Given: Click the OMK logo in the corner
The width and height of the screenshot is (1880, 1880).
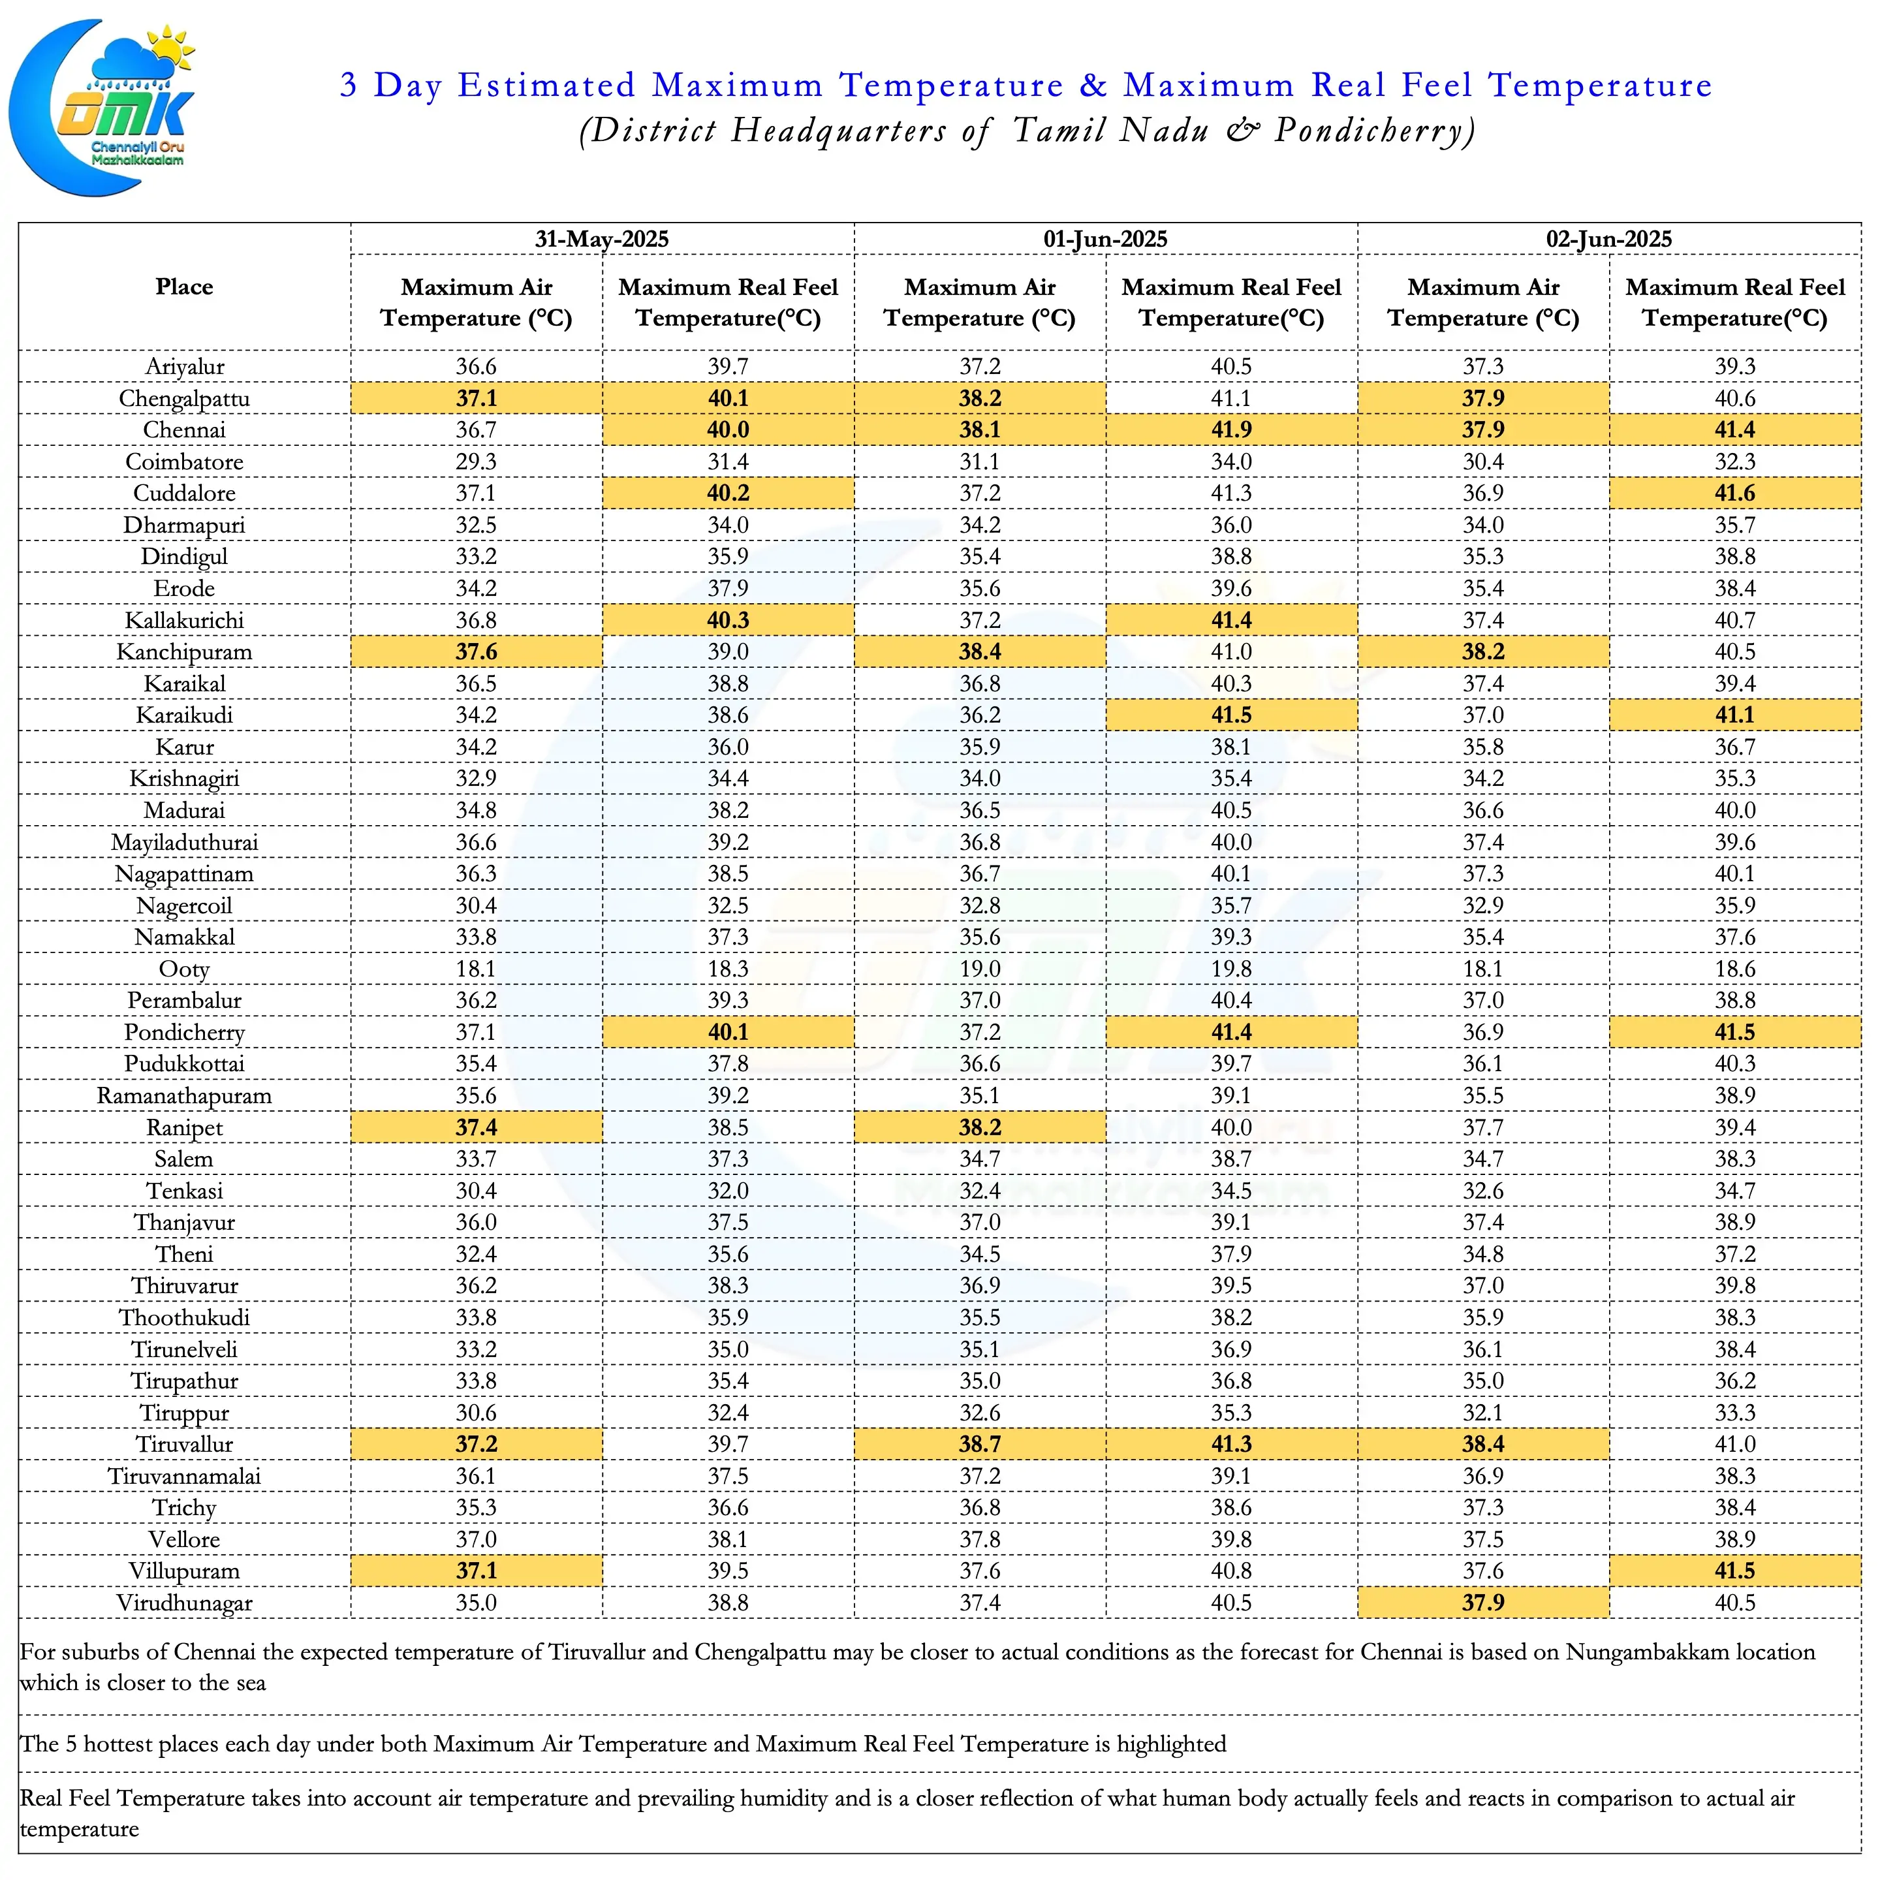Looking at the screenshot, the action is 102,107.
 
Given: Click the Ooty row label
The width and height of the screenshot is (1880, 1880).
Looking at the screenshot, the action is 184,969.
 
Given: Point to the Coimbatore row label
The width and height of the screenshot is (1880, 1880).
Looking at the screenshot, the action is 184,462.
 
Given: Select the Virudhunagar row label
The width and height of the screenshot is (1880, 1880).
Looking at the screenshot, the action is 184,1603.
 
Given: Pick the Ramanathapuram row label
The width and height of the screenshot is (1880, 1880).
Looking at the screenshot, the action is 184,1096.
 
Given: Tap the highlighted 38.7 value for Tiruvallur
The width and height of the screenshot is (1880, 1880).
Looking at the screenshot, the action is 980,1444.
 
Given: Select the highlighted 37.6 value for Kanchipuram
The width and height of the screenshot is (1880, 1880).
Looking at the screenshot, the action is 477,652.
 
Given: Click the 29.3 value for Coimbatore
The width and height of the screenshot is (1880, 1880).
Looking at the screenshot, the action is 477,462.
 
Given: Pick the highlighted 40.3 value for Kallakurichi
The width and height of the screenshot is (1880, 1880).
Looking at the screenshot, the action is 728,620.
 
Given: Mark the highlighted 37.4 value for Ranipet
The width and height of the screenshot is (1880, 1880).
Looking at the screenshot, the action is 477,1127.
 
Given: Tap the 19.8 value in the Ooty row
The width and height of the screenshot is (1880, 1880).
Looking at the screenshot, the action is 1231,969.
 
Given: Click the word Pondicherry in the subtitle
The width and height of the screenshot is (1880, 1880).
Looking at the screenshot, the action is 1375,131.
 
